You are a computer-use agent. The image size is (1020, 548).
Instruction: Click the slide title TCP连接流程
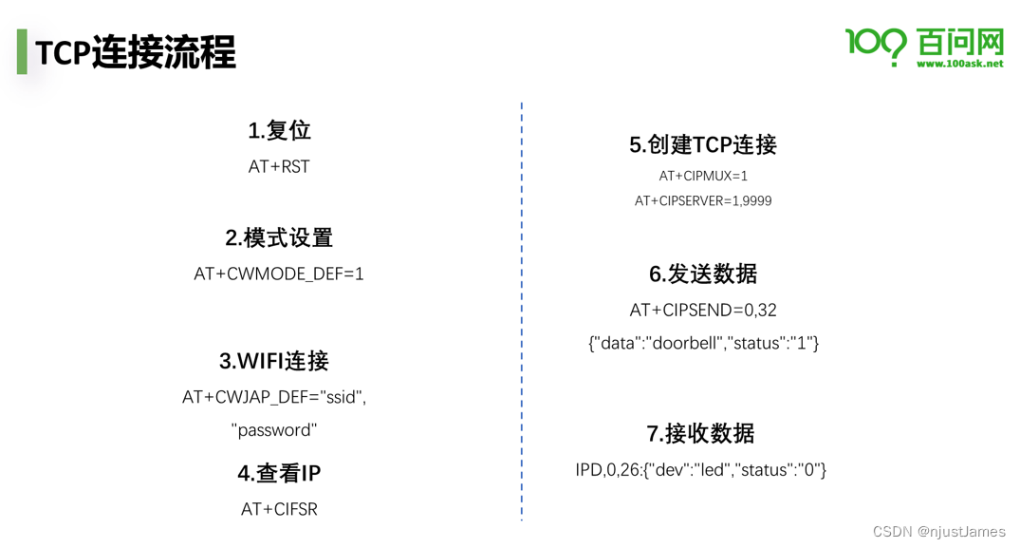136,52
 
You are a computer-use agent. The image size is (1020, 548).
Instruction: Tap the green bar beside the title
22,51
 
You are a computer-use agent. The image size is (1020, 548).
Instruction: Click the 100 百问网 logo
923,44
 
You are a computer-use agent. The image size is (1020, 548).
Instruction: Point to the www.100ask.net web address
959,64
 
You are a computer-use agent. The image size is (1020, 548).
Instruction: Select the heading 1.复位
279,130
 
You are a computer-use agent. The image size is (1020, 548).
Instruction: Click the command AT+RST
279,166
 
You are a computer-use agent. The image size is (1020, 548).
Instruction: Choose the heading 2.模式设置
279,237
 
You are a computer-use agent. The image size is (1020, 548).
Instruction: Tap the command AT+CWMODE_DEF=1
279,274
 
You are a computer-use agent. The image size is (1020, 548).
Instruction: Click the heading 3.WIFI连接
274,361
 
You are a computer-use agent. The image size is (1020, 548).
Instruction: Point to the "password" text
274,429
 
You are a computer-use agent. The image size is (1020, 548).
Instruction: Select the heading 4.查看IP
279,473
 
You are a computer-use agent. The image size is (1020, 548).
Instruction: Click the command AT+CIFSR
279,509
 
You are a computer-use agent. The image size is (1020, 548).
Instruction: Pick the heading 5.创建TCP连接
703,144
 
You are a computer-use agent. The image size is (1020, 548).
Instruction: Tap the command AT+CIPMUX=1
703,176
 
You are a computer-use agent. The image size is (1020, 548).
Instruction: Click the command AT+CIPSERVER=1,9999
703,200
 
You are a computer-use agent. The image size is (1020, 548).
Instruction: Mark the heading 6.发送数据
703,274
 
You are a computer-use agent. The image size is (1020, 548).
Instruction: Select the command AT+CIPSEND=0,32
703,310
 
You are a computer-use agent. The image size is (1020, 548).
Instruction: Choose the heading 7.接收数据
701,433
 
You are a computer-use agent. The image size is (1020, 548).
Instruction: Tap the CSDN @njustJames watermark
938,532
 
